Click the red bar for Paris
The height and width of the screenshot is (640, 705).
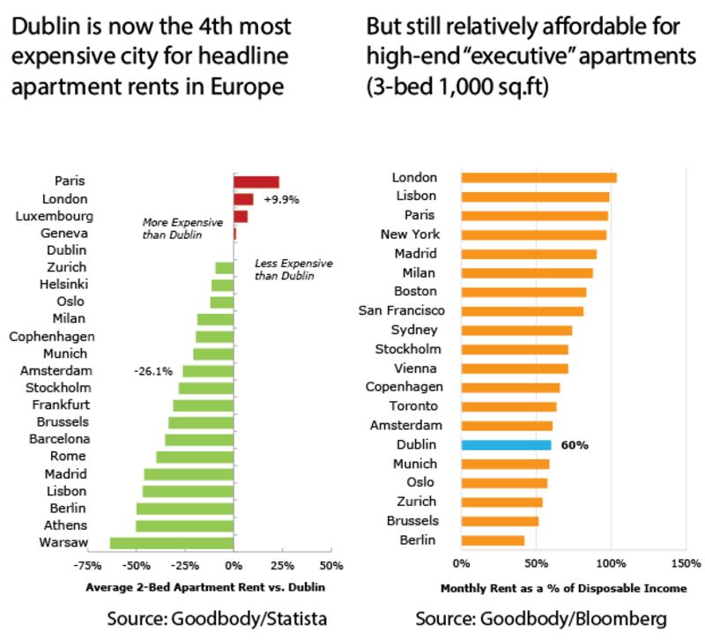256,182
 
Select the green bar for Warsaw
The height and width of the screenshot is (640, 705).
171,542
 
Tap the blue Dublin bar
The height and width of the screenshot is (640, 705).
506,445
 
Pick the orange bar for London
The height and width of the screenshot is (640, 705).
538,177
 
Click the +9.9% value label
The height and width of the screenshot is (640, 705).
281,199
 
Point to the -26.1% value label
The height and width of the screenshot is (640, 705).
152,371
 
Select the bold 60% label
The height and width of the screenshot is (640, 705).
575,445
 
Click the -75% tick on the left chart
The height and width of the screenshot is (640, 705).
85,566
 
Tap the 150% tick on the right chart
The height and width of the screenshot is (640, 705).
686,562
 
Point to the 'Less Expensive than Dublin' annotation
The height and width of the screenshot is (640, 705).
281,270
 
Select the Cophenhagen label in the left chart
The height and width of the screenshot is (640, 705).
52,336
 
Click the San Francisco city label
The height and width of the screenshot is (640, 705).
402,310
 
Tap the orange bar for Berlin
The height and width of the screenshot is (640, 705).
493,540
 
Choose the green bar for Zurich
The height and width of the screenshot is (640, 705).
224,268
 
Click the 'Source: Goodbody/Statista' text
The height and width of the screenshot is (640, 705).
217,619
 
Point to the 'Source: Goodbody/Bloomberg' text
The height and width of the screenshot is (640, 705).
540,619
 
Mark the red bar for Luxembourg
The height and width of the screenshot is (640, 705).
241,216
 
